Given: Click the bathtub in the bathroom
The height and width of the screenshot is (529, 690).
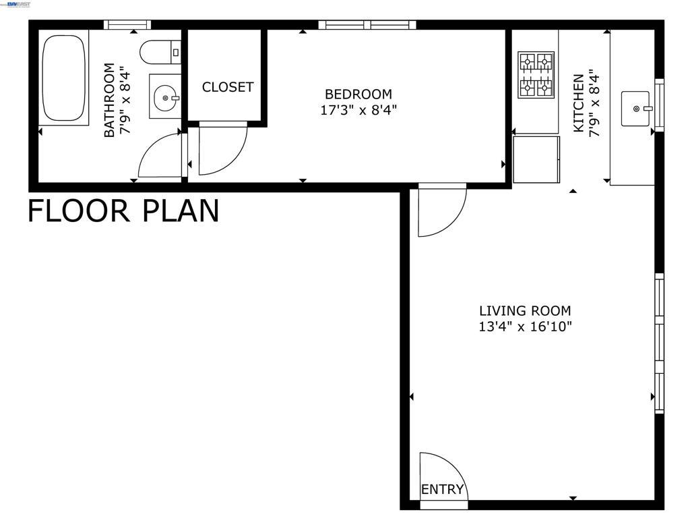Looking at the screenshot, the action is [x=64, y=78].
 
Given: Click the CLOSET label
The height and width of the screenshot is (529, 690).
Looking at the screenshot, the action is [x=228, y=87].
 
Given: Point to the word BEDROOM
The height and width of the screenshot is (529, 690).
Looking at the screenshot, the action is [x=358, y=94].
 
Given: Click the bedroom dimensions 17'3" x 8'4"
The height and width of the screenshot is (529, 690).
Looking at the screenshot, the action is [x=358, y=110].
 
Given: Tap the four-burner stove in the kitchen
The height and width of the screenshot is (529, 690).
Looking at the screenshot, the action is [x=536, y=74].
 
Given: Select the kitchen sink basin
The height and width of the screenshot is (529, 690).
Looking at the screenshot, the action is [x=635, y=109].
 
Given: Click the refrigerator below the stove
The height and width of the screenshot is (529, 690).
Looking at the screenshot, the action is [x=536, y=159].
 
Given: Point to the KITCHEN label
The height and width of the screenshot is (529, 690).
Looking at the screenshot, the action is [x=579, y=103].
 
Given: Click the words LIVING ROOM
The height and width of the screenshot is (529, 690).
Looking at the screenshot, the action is [x=525, y=311].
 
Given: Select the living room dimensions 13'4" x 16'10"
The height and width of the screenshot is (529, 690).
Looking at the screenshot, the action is [x=525, y=327].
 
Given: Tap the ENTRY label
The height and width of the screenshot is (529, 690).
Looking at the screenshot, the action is [x=442, y=489].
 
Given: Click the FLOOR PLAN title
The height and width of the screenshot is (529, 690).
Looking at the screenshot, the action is [x=123, y=211].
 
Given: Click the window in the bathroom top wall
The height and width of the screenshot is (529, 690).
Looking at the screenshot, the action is [x=127, y=25].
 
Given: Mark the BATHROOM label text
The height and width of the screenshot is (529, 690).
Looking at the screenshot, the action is [x=109, y=100].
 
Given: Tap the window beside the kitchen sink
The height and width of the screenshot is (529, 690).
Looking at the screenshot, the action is [x=659, y=105].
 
